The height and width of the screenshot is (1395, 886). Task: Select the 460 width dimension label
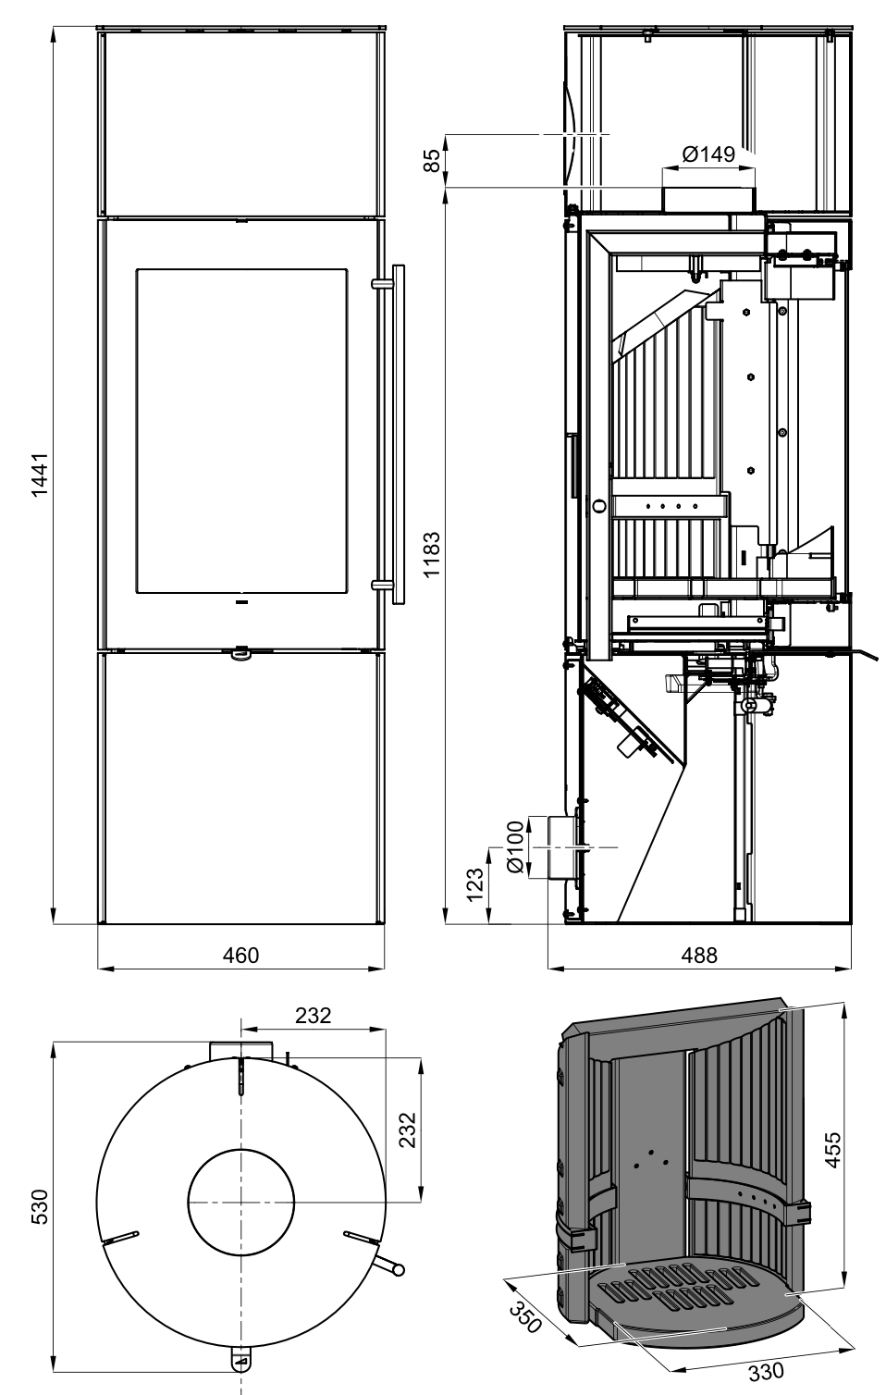click(240, 955)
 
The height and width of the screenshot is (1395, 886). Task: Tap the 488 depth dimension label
click(698, 955)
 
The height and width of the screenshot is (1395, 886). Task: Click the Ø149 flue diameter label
click(708, 154)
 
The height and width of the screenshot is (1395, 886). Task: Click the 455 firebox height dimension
click(832, 1149)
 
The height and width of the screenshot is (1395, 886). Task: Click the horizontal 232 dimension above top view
click(313, 1015)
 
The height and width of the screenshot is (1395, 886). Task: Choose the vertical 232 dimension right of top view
click(410, 1129)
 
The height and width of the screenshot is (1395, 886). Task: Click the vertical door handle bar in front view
click(399, 434)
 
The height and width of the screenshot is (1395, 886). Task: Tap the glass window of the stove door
click(241, 432)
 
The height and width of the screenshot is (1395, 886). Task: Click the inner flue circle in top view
click(241, 1202)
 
